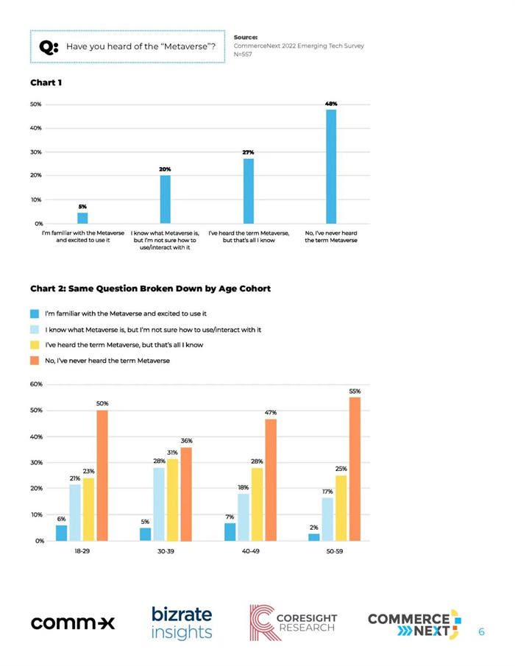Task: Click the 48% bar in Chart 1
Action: point(331,166)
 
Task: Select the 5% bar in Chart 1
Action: point(82,218)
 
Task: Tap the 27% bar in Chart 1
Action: point(249,191)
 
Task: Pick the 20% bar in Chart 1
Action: point(165,199)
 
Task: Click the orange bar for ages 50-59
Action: point(355,469)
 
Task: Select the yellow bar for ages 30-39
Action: point(172,500)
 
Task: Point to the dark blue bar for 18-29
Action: point(62,533)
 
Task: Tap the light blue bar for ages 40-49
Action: point(244,517)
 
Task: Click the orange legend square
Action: point(35,361)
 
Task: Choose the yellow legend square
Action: point(35,345)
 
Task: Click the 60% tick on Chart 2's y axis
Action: point(36,384)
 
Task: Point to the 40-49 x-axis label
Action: point(250,551)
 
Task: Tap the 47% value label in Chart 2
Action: point(271,412)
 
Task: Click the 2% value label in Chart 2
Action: point(313,528)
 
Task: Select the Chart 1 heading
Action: point(46,82)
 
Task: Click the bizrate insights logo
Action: point(182,623)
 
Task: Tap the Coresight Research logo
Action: point(293,623)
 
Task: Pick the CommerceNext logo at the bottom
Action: point(414,624)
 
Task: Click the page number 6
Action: point(481,631)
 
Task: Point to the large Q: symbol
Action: point(49,46)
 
